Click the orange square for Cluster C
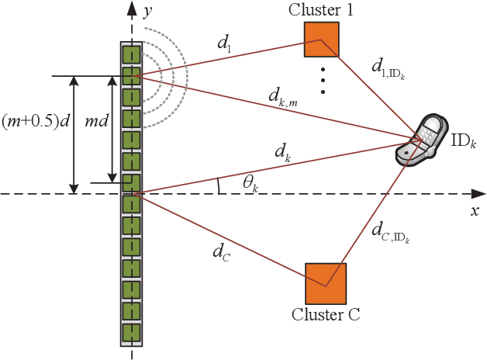click(x=325, y=283)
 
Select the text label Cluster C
click(x=326, y=314)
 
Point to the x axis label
click(x=475, y=210)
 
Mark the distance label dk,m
click(x=282, y=99)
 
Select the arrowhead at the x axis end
click(x=481, y=193)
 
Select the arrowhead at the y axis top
click(x=131, y=6)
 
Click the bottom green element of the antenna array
click(x=131, y=333)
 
